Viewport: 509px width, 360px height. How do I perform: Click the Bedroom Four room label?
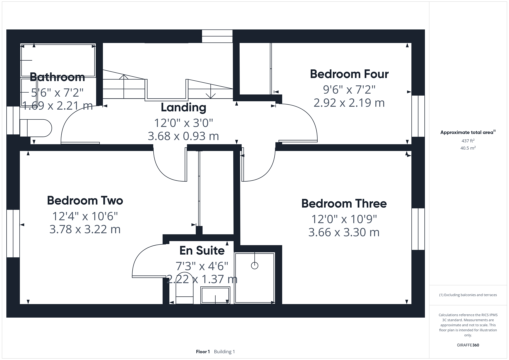[x=349, y=74]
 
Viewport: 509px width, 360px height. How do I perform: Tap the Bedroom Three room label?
[x=344, y=204]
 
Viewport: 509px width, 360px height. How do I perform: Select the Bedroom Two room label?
[x=85, y=201]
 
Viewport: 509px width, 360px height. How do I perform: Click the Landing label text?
[x=183, y=108]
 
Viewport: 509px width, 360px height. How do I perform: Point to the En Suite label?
[x=202, y=251]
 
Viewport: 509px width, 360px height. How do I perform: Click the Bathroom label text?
[x=57, y=77]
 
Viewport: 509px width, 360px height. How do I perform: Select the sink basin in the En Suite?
[x=215, y=295]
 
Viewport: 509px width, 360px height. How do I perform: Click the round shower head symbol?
[x=255, y=266]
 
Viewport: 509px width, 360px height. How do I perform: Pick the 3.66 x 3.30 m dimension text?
[x=344, y=232]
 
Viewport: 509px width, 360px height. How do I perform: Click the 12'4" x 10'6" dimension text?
[x=85, y=217]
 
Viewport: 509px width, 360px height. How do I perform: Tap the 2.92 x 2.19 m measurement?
[x=349, y=103]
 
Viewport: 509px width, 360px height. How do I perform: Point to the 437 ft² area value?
[x=468, y=141]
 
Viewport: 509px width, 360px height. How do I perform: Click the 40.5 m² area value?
[x=468, y=148]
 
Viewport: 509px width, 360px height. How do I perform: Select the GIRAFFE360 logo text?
[x=468, y=345]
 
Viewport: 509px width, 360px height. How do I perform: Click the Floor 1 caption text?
[x=203, y=352]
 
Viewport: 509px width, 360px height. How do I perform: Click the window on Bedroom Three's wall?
[x=418, y=229]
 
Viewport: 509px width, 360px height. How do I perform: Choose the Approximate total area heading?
[x=467, y=132]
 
